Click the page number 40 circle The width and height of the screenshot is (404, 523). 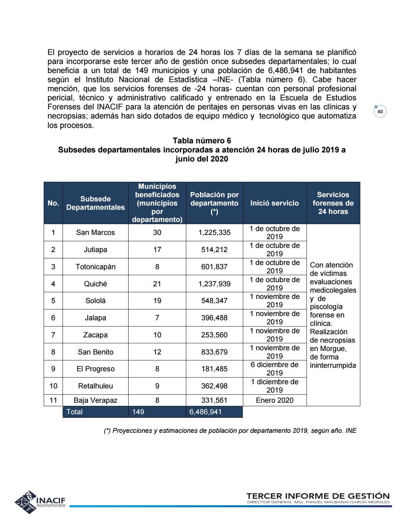coord(380,112)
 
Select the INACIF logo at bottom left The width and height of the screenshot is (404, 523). coord(40,502)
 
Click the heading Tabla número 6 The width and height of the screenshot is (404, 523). coord(202,141)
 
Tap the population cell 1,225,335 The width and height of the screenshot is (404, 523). coord(214,232)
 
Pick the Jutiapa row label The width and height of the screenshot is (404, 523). coord(95,250)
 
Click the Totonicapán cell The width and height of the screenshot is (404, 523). coord(95,267)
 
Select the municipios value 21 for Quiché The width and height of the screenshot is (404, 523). coord(157,284)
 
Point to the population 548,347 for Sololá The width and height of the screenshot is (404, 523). coord(214,301)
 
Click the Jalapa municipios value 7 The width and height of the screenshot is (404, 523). coord(157,318)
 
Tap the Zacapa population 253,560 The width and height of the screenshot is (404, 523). coord(214,335)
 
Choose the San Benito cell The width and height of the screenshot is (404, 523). coord(95,352)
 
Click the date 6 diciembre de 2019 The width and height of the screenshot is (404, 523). coord(274,369)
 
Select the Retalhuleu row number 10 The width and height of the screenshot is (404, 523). coord(53,386)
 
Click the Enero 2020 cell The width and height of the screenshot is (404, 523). coord(274,400)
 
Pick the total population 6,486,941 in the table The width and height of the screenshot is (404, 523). coord(205,412)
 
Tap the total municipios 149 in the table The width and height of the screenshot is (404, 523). coord(138,412)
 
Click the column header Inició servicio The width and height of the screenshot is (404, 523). coord(274,203)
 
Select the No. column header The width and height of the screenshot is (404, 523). coord(53,203)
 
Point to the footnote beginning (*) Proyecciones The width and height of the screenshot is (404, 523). coord(230,431)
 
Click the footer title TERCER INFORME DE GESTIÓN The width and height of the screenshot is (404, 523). coord(318,496)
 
